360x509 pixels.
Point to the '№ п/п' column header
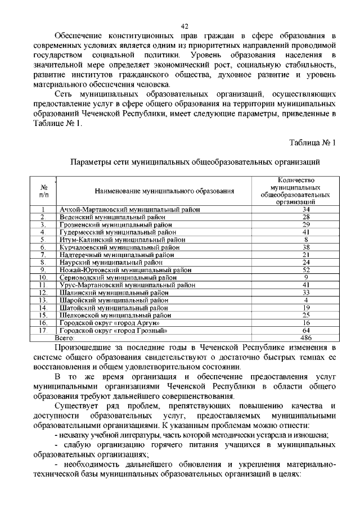point(44,191)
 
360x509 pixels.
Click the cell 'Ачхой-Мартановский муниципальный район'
point(129,210)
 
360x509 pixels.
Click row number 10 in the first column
point(43,277)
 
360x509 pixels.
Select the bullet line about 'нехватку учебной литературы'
point(191,436)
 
